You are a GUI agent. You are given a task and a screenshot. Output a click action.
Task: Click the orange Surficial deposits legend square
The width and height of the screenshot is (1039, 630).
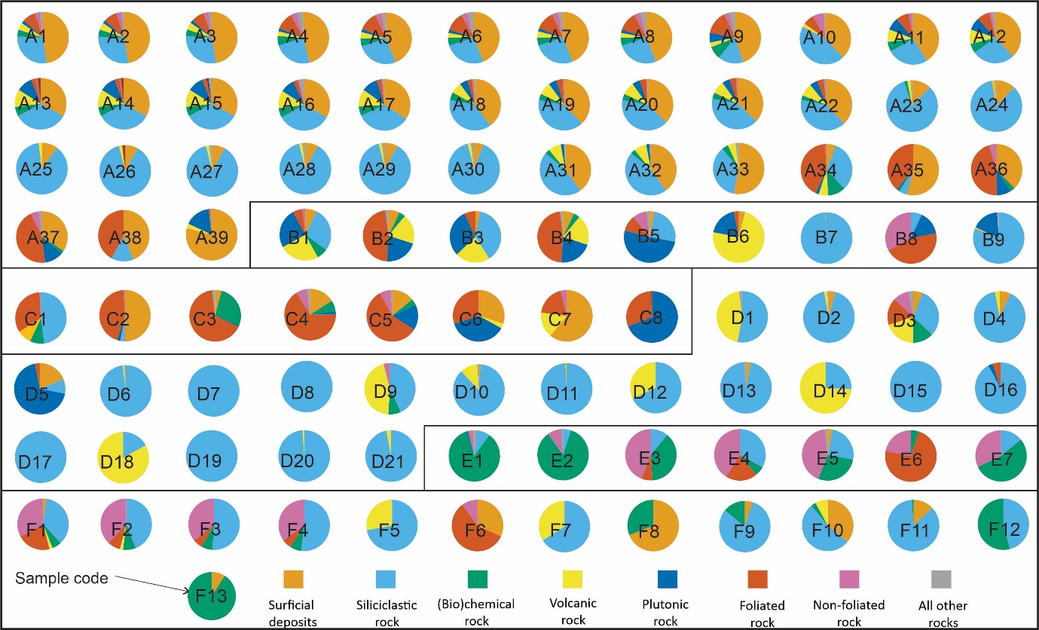pyautogui.click(x=293, y=579)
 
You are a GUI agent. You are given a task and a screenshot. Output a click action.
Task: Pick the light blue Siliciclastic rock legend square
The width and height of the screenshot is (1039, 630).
pyautogui.click(x=386, y=579)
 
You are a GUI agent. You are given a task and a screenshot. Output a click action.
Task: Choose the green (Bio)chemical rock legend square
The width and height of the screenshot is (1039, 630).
pyautogui.click(x=478, y=579)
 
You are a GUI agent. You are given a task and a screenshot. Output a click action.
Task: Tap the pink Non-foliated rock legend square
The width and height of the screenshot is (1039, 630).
pyautogui.click(x=849, y=579)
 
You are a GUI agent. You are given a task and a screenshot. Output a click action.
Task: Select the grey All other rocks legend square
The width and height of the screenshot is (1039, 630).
pyautogui.click(x=941, y=579)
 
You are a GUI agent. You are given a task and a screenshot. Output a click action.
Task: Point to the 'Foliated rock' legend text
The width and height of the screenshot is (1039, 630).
pyautogui.click(x=762, y=605)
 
